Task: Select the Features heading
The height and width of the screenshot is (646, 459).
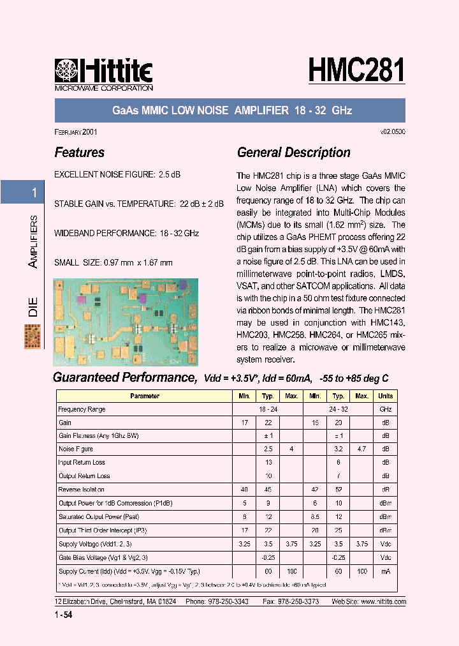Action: [x=80, y=153]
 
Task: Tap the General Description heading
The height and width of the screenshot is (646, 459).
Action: [x=293, y=153]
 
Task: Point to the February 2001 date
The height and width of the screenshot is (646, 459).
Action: [x=76, y=131]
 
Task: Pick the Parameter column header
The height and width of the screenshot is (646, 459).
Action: [x=145, y=396]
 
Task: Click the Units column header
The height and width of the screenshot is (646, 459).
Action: [x=386, y=396]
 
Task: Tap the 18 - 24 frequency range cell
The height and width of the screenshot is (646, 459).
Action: [x=268, y=409]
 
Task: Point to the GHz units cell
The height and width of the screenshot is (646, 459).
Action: [x=386, y=409]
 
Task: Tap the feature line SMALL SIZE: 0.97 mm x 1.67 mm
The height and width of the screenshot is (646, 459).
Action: [x=113, y=262]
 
